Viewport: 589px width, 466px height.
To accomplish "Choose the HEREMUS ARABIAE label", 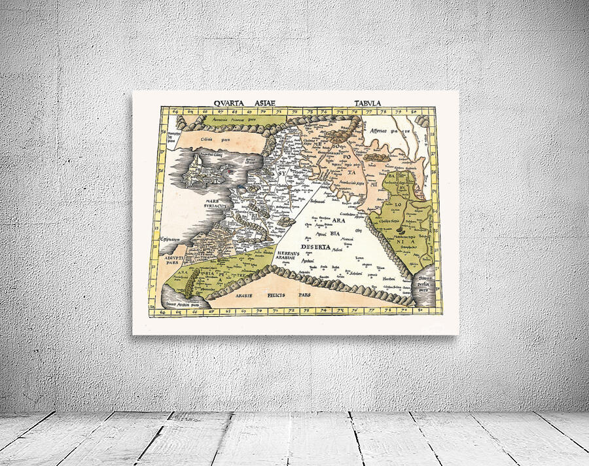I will [x=289, y=255].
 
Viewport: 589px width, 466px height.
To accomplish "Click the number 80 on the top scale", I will [x=414, y=111].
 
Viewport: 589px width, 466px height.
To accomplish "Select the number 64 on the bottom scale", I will [x=161, y=312].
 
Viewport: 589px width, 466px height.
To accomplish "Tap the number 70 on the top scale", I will [x=261, y=111].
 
